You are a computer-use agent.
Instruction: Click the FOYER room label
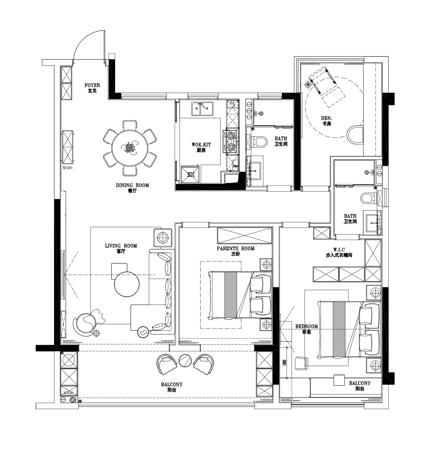92,85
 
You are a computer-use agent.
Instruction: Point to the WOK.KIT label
201,145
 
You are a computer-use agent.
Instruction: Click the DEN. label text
326,118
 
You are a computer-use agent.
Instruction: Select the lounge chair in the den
322,81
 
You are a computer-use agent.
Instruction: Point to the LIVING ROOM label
121,246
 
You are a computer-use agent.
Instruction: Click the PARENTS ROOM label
235,248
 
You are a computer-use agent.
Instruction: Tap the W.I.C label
339,250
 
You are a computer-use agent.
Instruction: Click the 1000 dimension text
284,362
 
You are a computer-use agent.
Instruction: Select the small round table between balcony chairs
185,360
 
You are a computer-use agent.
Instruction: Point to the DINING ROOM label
132,185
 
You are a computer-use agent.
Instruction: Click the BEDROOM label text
306,327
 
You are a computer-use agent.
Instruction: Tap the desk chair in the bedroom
301,363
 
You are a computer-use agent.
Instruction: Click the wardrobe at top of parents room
244,235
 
